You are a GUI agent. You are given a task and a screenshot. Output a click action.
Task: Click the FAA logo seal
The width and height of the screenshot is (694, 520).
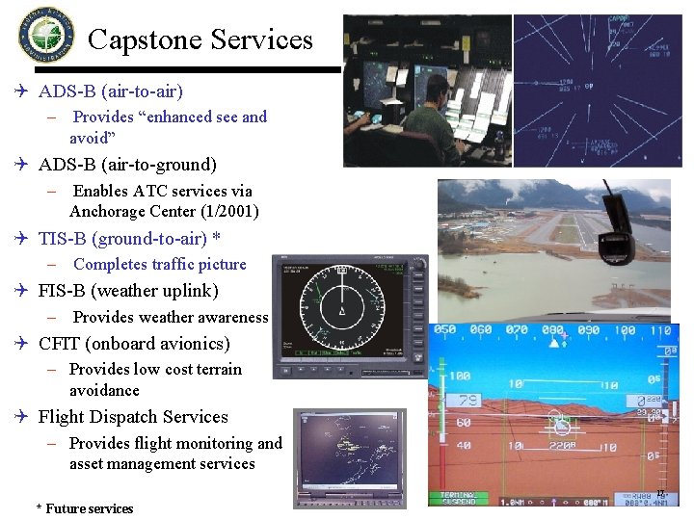pos(45,34)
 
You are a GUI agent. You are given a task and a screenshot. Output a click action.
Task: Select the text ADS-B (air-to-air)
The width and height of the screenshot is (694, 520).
pos(110,91)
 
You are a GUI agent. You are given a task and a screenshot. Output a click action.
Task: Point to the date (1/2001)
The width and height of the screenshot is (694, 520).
pos(225,211)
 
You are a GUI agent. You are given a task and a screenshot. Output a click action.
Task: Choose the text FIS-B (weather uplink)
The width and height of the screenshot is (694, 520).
pos(128,291)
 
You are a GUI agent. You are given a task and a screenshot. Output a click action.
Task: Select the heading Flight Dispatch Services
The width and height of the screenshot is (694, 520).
pos(133,417)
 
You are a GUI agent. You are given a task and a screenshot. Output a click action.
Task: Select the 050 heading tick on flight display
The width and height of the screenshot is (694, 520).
pos(444,331)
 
